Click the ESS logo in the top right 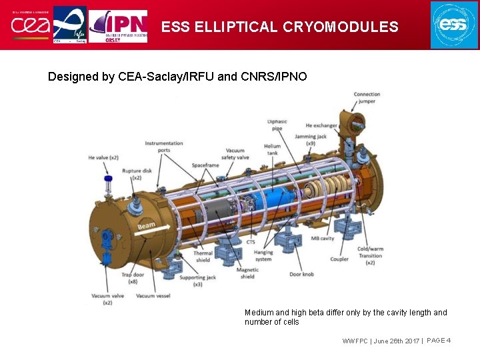(x=454, y=25)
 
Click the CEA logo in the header (x=26, y=25)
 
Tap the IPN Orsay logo (x=118, y=25)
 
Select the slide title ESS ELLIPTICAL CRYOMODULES (x=279, y=27)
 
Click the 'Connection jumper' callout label (x=367, y=98)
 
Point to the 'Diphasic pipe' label (x=277, y=125)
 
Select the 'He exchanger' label (x=321, y=125)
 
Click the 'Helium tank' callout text (x=272, y=150)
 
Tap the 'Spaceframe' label (x=205, y=164)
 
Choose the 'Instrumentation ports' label (x=163, y=147)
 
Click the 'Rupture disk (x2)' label (x=136, y=175)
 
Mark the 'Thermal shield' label (x=203, y=257)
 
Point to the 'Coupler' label (x=339, y=259)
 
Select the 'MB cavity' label (x=323, y=239)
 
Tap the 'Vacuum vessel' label (x=155, y=296)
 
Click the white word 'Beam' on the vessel (x=146, y=227)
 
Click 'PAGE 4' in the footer (x=439, y=341)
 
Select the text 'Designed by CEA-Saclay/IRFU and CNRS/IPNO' (x=177, y=77)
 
